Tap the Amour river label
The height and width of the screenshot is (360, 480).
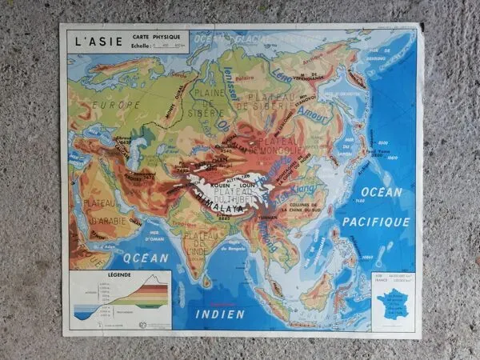click(309, 114)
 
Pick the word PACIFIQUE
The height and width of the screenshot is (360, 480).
click(376, 220)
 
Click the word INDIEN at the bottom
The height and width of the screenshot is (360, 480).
click(220, 314)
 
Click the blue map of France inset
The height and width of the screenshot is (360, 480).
click(393, 306)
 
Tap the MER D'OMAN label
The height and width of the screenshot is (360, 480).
click(157, 234)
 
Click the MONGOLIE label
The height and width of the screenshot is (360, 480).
click(277, 150)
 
